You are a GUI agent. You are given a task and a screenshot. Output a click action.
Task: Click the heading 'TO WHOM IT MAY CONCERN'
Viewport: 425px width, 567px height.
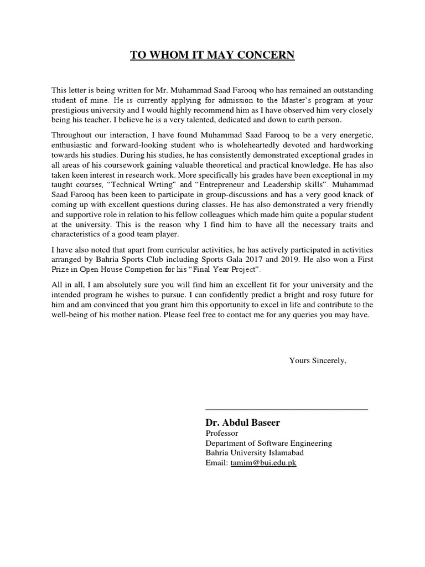click(x=212, y=55)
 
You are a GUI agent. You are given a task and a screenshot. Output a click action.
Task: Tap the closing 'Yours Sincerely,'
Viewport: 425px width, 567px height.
click(x=318, y=360)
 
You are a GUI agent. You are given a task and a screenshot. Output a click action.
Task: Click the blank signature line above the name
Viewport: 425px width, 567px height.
click(x=286, y=409)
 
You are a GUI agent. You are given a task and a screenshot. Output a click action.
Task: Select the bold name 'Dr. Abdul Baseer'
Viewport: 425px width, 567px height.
click(x=242, y=422)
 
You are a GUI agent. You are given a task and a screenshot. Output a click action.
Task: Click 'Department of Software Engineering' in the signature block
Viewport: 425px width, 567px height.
click(x=269, y=443)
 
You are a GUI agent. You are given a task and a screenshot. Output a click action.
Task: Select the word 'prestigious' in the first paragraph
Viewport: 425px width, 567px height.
click(x=72, y=109)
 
